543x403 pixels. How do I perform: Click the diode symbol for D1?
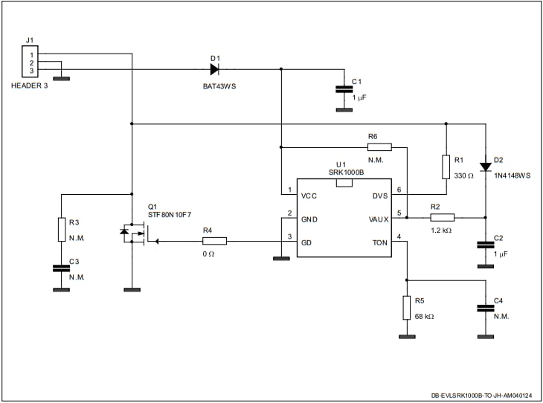click(214, 69)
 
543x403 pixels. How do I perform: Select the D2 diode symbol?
click(485, 166)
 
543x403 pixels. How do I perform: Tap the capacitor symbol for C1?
click(344, 89)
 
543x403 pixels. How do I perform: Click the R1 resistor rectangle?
click(446, 167)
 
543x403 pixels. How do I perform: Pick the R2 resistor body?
click(442, 218)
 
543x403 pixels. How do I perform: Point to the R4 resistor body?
click(214, 241)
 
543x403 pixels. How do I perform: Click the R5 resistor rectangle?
click(407, 307)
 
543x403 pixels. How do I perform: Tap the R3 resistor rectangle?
click(61, 230)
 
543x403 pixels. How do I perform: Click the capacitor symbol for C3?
click(61, 268)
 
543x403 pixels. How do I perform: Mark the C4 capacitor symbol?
click(485, 306)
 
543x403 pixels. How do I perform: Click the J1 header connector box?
click(30, 62)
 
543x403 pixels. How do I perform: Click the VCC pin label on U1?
click(309, 196)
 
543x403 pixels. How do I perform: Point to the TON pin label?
click(380, 243)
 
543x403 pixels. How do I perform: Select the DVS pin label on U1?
click(379, 196)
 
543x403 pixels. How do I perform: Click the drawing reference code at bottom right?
click(484, 396)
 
